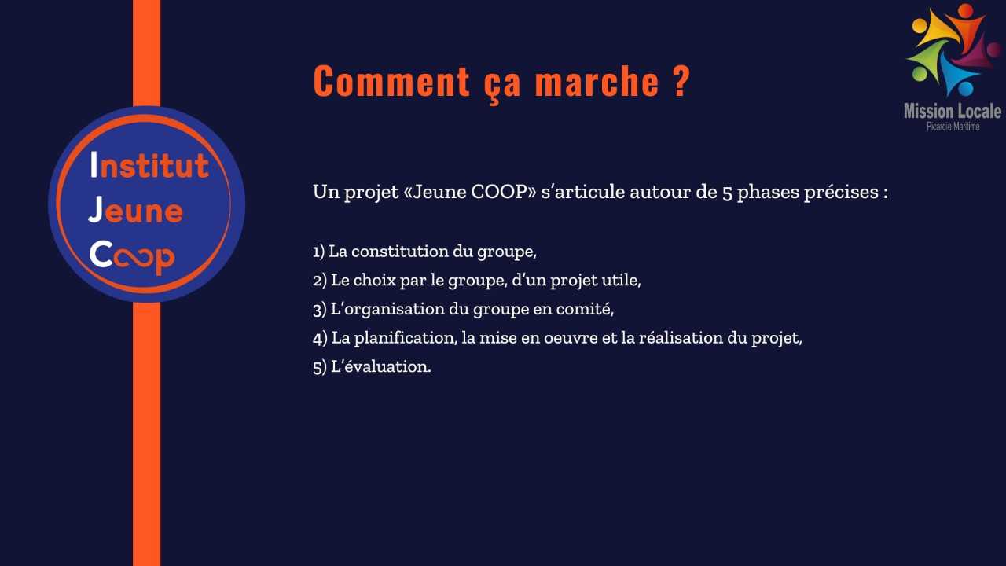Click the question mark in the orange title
pos(681,81)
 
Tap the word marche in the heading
pos(597,81)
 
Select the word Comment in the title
pos(391,81)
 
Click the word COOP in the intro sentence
pos(498,192)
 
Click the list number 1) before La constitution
pos(318,252)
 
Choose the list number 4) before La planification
pos(320,338)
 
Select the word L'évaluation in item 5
pos(381,366)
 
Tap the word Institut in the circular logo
pos(149,164)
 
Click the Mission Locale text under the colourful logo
pos(953,111)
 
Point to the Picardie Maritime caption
pos(953,127)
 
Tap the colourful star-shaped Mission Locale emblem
pos(953,50)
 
